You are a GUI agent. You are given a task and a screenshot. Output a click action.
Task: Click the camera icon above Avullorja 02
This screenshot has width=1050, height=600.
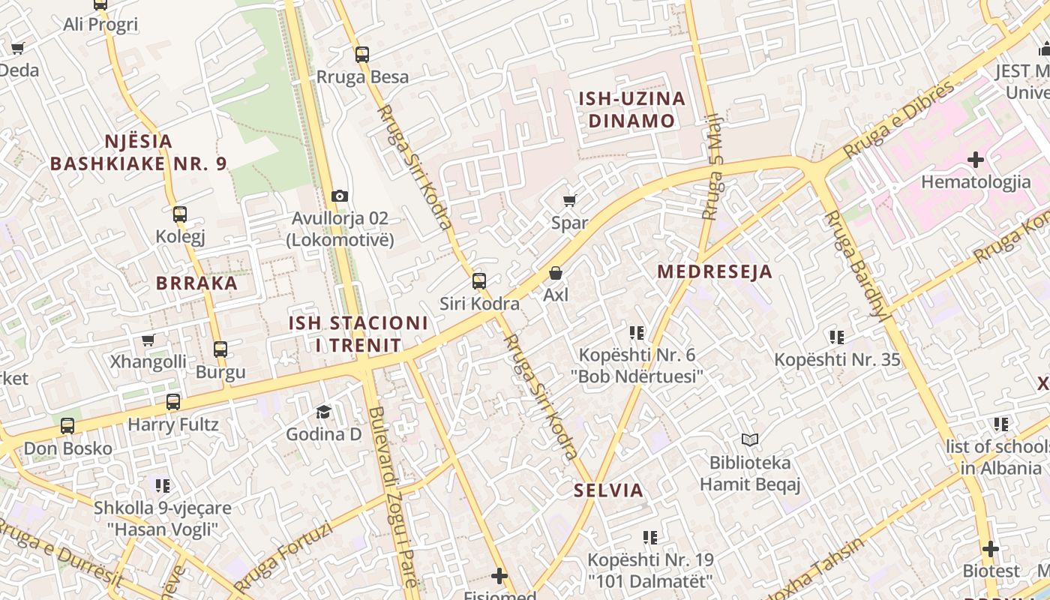point(340,196)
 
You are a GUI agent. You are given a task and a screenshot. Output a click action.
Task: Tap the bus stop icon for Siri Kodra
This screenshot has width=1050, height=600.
point(479,281)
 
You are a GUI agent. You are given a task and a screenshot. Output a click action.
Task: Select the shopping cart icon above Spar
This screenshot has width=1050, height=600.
point(569,200)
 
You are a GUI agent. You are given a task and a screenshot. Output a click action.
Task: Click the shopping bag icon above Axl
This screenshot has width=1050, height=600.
point(556,273)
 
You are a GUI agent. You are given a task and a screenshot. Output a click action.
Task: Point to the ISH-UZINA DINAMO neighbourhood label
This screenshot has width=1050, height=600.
point(631,109)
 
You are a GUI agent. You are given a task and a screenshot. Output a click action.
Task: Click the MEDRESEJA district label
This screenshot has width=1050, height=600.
point(715,271)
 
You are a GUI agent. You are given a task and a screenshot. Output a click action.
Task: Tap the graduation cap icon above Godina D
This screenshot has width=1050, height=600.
point(323,412)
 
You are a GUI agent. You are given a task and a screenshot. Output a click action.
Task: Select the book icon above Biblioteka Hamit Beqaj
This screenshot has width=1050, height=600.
point(750,439)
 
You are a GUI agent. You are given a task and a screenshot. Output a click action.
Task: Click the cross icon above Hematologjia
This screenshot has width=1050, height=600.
point(976,160)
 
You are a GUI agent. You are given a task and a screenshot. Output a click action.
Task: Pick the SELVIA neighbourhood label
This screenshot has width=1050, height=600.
point(609,490)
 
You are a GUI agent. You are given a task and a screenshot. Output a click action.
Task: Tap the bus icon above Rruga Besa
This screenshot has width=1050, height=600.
point(362,54)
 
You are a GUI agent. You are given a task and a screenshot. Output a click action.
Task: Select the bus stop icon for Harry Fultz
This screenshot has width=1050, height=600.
point(173,402)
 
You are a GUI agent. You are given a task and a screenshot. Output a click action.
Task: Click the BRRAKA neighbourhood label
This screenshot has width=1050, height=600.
point(196,283)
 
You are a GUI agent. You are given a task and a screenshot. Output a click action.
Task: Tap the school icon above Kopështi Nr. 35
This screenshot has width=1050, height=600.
point(837,337)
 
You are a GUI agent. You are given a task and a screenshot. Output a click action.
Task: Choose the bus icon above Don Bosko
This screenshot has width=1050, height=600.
point(67,426)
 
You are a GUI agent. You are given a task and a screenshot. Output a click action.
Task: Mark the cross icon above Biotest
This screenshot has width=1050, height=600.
point(991,549)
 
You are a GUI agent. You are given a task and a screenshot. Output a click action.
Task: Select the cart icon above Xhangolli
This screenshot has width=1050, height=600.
point(148,340)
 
